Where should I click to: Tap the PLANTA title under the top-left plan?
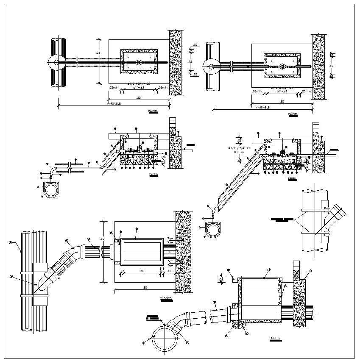pyautogui.click(x=153, y=111)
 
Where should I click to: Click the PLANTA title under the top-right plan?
pyautogui.click(x=293, y=114)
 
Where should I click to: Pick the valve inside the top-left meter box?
pyautogui.click(x=139, y=62)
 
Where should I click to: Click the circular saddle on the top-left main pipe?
pyautogui.click(x=56, y=62)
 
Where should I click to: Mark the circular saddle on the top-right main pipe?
pyautogui.click(x=211, y=66)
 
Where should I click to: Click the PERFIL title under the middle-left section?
pyautogui.click(x=153, y=174)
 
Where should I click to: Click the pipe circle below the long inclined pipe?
pyautogui.click(x=212, y=228)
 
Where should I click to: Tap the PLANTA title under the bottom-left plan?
pyautogui.click(x=166, y=298)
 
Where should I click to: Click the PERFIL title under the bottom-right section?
pyautogui.click(x=275, y=338)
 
